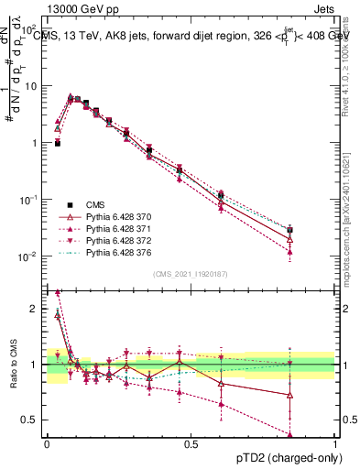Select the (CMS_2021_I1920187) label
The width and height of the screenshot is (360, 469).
191,273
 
